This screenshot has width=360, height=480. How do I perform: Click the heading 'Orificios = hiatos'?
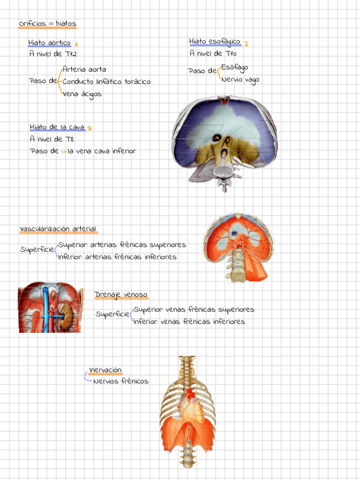[x=47, y=24]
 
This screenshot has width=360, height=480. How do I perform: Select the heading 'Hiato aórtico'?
[x=50, y=43]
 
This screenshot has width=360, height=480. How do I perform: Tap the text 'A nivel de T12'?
[x=53, y=54]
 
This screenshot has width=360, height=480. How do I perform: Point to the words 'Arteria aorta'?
[x=84, y=70]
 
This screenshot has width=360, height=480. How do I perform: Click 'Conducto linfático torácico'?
[x=106, y=82]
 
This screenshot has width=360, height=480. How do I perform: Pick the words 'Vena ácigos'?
[x=83, y=94]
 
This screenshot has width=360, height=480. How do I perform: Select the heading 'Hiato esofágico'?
[x=215, y=42]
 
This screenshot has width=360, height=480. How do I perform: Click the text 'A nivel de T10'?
[x=213, y=54]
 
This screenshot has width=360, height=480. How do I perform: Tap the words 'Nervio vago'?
[x=240, y=80]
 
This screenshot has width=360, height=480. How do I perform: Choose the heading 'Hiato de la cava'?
[x=57, y=127]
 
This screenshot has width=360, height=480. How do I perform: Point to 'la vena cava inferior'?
[x=101, y=151]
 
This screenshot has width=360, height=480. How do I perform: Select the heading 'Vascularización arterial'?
[x=58, y=229]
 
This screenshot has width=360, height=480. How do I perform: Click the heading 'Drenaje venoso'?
[x=121, y=295]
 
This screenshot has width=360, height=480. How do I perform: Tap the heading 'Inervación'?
[x=105, y=370]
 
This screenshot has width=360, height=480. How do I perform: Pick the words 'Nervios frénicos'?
[x=121, y=382]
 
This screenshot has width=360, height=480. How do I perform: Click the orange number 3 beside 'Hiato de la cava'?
[x=89, y=128]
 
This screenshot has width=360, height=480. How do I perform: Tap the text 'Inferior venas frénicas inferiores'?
[x=189, y=322]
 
